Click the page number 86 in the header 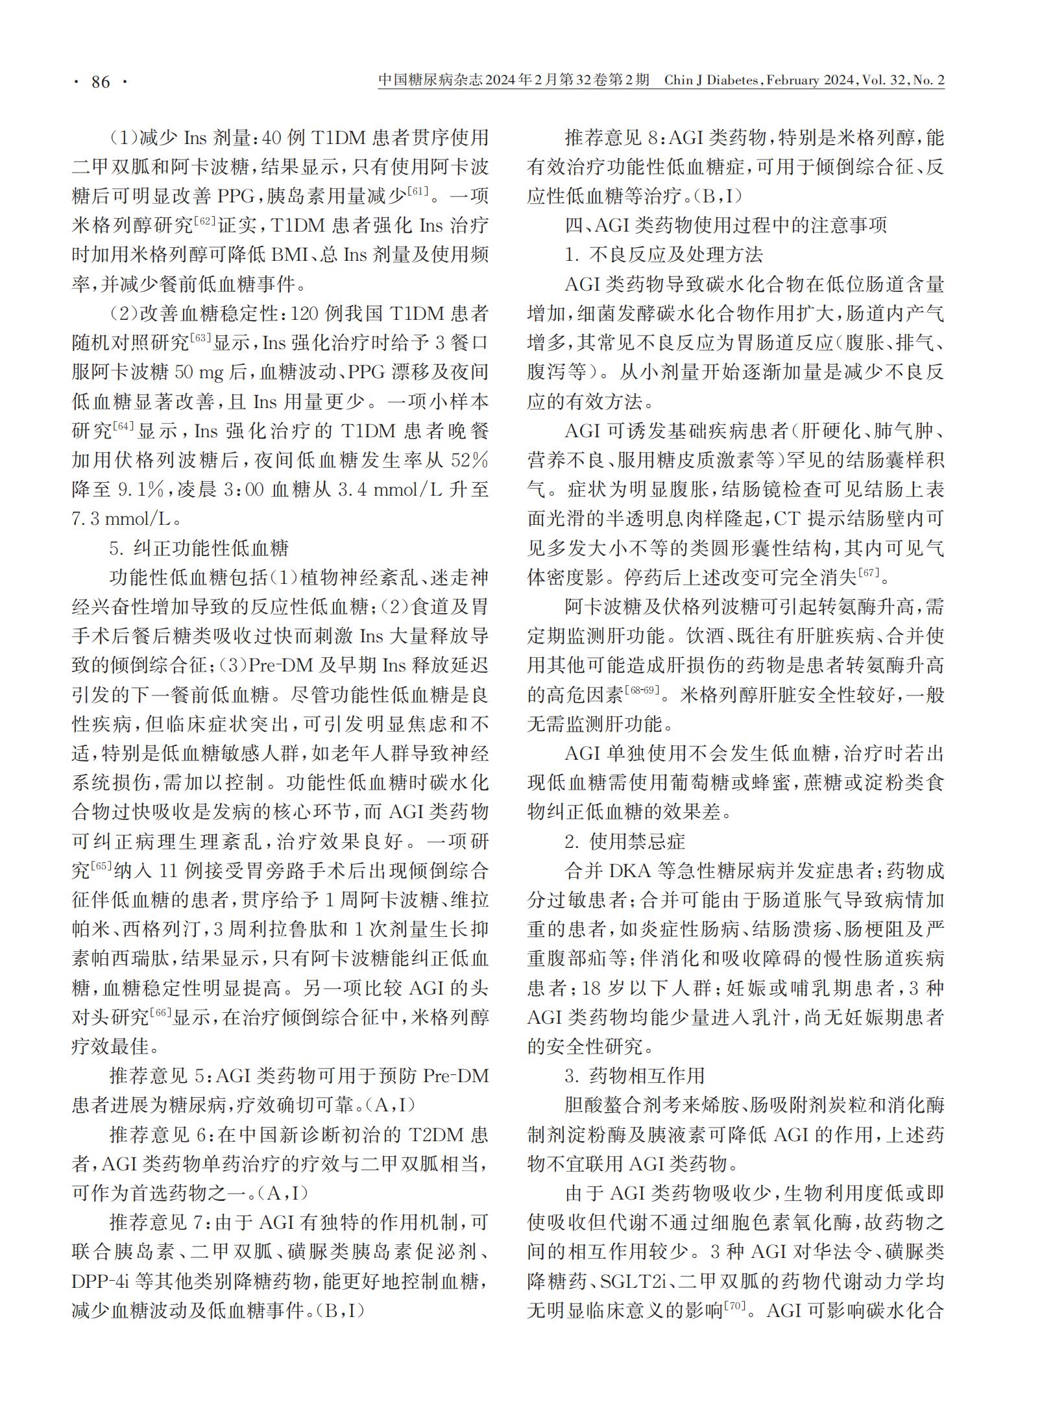tap(101, 82)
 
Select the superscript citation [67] tap(868, 572)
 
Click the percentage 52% tap(469, 460)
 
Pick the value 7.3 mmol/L tap(122, 519)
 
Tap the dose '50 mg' tap(208, 372)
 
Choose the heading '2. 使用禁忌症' tap(625, 841)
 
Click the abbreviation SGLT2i tap(627, 1281)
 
